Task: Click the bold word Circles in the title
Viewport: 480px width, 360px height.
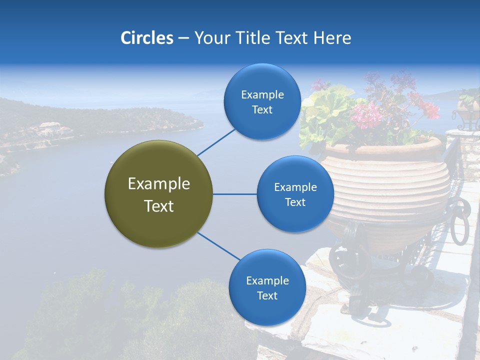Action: tap(147, 38)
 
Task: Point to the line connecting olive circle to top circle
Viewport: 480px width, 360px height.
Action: tap(216, 141)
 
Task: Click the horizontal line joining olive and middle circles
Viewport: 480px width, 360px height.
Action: tap(234, 194)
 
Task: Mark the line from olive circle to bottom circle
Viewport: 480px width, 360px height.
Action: tap(218, 246)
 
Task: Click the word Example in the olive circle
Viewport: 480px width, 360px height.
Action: tap(158, 184)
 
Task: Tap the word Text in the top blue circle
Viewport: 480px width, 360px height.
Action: tap(262, 110)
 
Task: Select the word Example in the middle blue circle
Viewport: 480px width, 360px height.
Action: tap(295, 187)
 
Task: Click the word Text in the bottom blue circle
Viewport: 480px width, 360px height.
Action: tap(267, 295)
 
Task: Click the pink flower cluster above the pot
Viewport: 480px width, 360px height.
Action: tap(367, 115)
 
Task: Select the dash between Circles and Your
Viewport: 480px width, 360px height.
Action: tap(183, 38)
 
